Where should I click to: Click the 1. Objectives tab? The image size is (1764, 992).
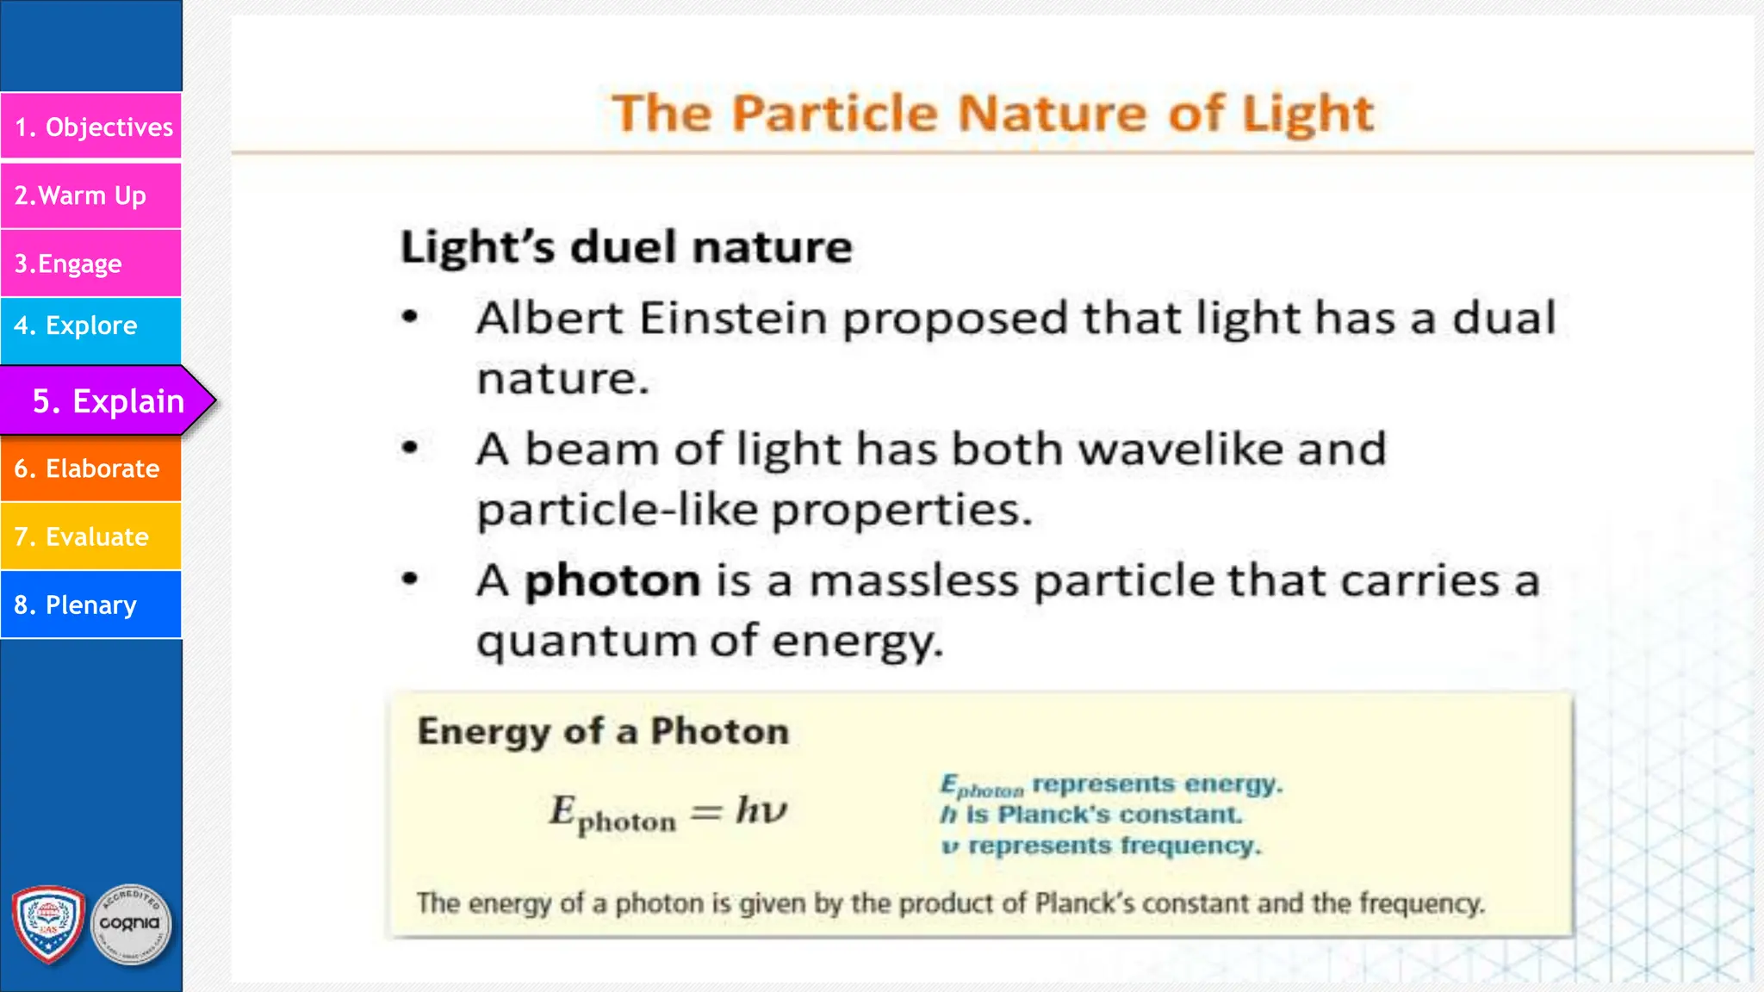click(x=91, y=127)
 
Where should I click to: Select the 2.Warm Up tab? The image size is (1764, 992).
click(x=91, y=195)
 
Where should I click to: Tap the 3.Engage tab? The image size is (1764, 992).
click(x=91, y=263)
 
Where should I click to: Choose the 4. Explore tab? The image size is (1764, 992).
click(x=91, y=325)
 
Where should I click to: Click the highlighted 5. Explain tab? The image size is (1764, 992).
click(x=108, y=400)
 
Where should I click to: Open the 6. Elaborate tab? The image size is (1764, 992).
click(x=91, y=468)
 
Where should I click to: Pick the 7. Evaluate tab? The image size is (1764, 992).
click(x=91, y=536)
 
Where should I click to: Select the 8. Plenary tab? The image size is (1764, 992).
click(x=91, y=604)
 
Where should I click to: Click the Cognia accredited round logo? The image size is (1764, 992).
click(x=131, y=925)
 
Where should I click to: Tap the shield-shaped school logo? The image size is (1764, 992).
click(x=48, y=924)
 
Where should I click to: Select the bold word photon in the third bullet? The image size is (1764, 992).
click(x=612, y=580)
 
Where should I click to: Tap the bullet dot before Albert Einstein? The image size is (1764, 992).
click(x=411, y=318)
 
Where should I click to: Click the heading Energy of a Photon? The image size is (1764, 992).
click(x=603, y=731)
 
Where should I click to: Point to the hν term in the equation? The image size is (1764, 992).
click(x=761, y=810)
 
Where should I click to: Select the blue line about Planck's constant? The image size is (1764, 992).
click(x=1091, y=815)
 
